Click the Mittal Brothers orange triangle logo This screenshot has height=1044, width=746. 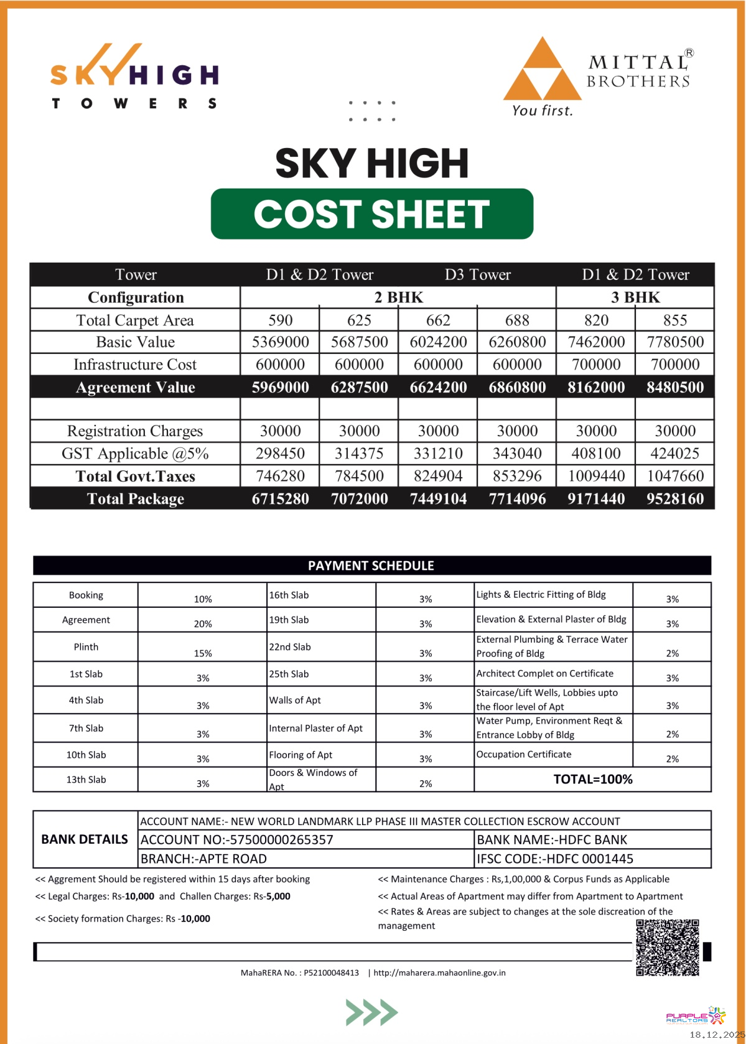click(x=542, y=70)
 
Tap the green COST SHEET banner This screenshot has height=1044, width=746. click(x=372, y=214)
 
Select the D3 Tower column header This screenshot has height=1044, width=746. click(x=477, y=274)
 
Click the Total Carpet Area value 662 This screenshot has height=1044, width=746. click(x=438, y=320)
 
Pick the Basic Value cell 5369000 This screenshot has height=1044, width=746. click(x=280, y=342)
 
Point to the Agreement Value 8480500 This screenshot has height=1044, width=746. click(x=675, y=388)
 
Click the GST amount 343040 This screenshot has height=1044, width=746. click(x=517, y=454)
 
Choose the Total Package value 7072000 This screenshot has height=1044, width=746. click(x=359, y=499)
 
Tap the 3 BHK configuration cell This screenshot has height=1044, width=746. click(x=635, y=297)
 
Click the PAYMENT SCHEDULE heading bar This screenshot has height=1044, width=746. click(x=371, y=566)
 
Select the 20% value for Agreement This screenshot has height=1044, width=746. click(x=203, y=623)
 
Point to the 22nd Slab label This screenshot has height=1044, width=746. click(x=290, y=647)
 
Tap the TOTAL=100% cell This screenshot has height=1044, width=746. click(x=592, y=780)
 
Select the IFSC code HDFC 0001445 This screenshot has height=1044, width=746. click(x=555, y=859)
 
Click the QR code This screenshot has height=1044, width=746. click(x=668, y=947)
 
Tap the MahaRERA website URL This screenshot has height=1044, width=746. click(x=439, y=972)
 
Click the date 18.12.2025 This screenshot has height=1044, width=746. click(x=717, y=1035)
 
